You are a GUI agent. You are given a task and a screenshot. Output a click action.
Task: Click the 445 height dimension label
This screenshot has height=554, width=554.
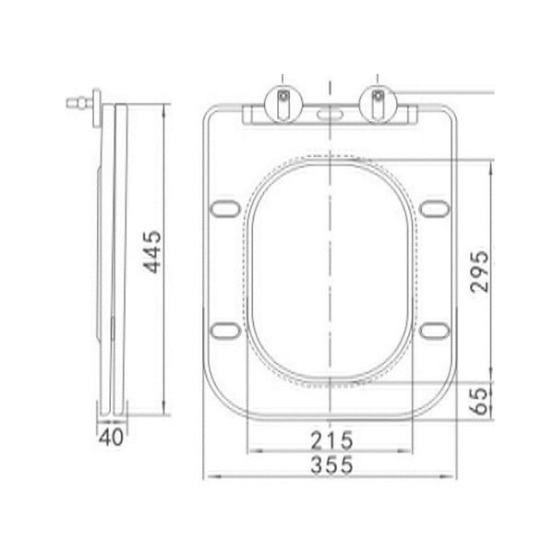coord(152,252)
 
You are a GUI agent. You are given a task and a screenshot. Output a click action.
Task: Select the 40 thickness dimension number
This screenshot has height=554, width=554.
coord(112,437)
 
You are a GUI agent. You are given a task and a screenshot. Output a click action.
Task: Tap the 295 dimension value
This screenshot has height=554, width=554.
coord(479,271)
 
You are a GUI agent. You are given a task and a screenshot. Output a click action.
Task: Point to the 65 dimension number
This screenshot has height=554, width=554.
coord(479,401)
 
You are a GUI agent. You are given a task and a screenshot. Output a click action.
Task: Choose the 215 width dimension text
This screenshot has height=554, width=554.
coord(331,440)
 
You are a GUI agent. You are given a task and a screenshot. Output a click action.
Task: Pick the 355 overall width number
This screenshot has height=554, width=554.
coord(331,464)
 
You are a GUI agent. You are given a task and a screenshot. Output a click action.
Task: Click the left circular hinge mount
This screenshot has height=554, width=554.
coord(283,103)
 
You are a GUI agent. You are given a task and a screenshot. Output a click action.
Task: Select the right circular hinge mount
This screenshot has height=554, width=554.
coord(378,103)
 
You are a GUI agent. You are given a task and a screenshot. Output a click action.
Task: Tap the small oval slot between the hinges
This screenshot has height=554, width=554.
coord(331,114)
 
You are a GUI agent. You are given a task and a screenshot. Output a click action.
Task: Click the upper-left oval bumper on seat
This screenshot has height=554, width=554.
coord(225,208)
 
